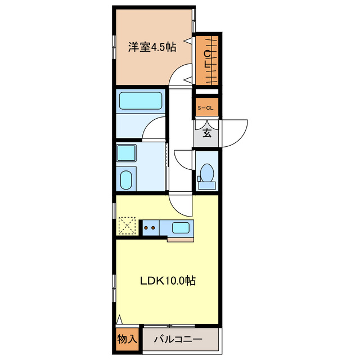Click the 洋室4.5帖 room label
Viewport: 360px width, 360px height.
click(x=152, y=47)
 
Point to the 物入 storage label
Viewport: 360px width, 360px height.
click(x=126, y=340)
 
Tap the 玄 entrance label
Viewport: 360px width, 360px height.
click(x=206, y=133)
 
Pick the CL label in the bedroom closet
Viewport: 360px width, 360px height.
click(x=207, y=59)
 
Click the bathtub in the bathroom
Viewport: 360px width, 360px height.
click(x=141, y=101)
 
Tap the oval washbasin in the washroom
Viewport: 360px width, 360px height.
click(x=127, y=180)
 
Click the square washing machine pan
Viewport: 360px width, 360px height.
click(x=127, y=154)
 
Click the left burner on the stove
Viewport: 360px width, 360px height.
click(x=147, y=228)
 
